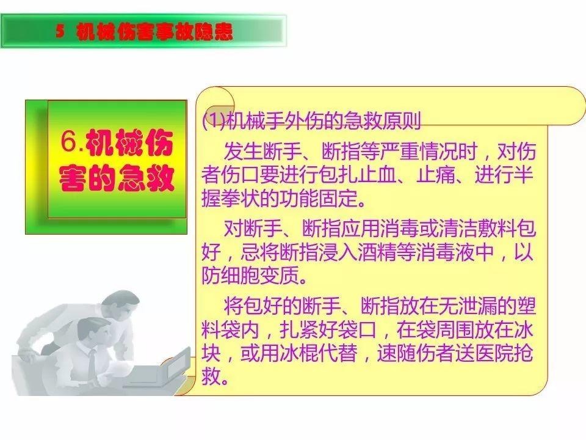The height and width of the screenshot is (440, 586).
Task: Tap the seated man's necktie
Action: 92,361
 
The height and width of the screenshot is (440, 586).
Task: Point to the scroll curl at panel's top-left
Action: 215,99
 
